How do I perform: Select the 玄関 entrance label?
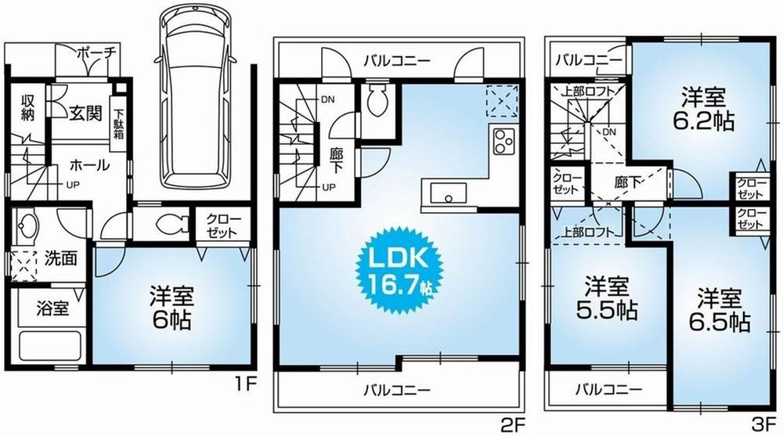[x=83, y=114]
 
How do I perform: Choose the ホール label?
[x=88, y=165]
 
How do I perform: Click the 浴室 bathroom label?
[x=52, y=308]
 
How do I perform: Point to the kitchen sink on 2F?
[x=446, y=192]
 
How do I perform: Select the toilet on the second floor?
[x=377, y=100]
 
